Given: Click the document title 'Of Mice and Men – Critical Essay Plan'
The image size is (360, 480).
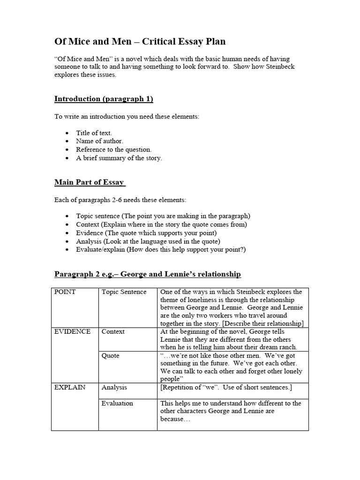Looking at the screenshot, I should [140, 42].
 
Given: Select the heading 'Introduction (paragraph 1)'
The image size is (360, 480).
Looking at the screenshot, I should [104, 99].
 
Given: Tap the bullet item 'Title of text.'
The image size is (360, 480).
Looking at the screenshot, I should [94, 133].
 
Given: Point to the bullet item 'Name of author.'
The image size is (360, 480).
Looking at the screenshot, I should [100, 141].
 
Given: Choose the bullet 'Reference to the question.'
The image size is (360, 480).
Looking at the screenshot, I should [114, 150].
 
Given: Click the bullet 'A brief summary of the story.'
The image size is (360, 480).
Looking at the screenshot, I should [119, 158].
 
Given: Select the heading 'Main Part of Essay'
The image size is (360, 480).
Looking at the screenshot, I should [90, 182].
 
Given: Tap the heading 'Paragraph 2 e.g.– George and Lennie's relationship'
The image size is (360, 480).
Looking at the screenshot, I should [148, 274].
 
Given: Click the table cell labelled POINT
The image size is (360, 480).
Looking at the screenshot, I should [65, 292].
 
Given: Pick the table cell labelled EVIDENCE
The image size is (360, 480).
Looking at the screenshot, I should [73, 332].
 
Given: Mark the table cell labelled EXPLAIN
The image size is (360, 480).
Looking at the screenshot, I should [70, 388].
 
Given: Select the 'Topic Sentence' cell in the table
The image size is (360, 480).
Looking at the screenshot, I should [124, 292].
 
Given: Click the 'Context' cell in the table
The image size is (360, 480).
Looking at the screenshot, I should [113, 332].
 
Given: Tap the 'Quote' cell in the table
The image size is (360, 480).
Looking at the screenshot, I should [111, 356].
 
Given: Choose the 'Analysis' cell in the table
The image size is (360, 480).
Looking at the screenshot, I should [114, 388].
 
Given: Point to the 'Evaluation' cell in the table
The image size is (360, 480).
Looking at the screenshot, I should [117, 403].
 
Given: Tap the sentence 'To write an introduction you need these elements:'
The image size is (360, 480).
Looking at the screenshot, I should [127, 116].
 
